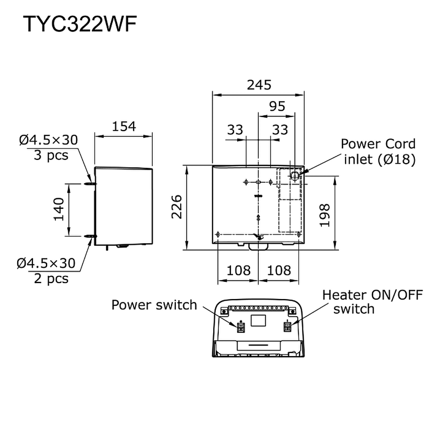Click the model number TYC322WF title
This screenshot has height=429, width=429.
pos(80,25)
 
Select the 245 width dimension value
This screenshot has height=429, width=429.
pos(259,85)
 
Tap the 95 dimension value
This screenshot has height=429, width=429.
pos(277,106)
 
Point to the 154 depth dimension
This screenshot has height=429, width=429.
pos(124,127)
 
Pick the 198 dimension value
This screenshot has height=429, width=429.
pos(325,214)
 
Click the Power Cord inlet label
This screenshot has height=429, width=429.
pos(378,151)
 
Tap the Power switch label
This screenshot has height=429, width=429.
pos(154,305)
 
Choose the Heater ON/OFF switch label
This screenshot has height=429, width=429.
pos(372,302)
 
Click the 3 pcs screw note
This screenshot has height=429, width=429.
pos(51,155)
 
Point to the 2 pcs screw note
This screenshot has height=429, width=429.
pos(51,278)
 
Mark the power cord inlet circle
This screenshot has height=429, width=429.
pos(295,175)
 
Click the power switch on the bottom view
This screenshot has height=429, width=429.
pos(241,327)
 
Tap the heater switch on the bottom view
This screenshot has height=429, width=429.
pos(287,327)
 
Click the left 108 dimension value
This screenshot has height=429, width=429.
pos(239,270)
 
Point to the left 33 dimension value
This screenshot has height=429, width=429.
pos(235,129)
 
